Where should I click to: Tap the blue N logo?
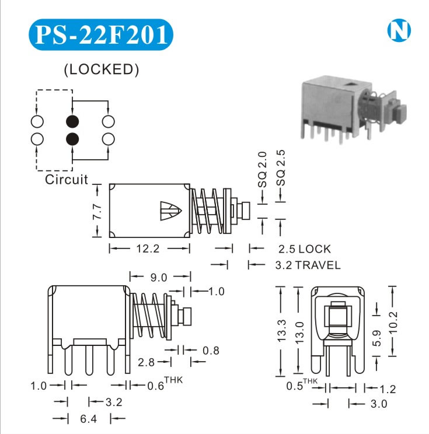click(x=399, y=31)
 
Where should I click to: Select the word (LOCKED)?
click(x=101, y=69)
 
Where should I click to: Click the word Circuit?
click(x=67, y=179)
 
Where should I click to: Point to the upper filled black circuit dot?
click(x=72, y=121)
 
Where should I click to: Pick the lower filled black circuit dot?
click(x=72, y=139)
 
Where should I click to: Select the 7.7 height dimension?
click(x=97, y=211)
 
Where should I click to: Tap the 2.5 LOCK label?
click(x=304, y=249)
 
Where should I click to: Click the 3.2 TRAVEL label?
click(x=308, y=265)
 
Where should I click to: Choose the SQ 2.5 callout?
click(x=282, y=168)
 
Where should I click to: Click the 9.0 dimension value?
click(x=159, y=276)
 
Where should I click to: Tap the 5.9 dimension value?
click(x=376, y=337)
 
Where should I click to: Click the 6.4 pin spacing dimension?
click(x=88, y=418)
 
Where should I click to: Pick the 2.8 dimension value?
click(x=147, y=362)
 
